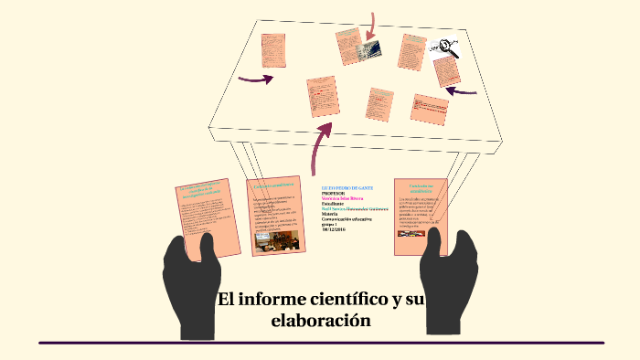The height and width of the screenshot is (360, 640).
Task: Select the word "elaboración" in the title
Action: pos(321,321)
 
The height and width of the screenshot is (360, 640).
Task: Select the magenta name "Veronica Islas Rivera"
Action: pos(343,198)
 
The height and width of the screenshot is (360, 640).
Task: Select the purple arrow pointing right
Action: pos(256,79)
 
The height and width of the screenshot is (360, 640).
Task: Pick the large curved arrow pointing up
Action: pos(321,145)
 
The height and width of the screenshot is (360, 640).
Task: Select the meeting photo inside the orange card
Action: pos(275,239)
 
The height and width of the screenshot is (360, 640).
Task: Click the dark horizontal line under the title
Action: pos(321,343)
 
